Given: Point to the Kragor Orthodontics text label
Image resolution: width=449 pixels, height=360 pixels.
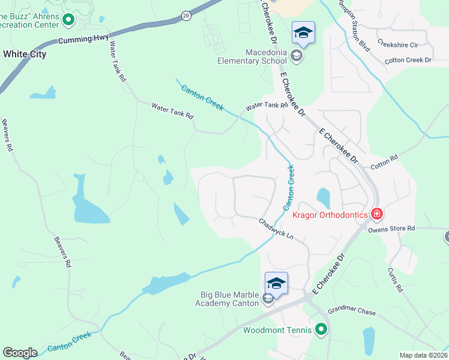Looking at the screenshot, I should (329, 215).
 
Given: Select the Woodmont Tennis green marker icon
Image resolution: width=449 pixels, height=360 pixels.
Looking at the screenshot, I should (322, 329).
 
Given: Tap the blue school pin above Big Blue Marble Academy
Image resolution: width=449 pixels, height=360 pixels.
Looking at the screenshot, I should (276, 283).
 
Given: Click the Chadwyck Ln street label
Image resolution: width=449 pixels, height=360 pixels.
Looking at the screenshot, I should (276, 229).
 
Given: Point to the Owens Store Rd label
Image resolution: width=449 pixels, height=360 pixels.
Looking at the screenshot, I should (391, 228).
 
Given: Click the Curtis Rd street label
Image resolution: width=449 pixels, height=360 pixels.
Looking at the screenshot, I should (394, 280).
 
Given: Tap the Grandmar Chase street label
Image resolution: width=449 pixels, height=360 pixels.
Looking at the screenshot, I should (351, 313).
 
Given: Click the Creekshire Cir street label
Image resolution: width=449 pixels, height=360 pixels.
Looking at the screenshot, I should (397, 44).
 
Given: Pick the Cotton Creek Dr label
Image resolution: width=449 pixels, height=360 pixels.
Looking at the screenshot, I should (408, 60).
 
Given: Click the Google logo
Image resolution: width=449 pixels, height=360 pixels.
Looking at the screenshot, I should (20, 353).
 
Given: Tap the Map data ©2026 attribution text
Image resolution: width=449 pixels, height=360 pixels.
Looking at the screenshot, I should (423, 355).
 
